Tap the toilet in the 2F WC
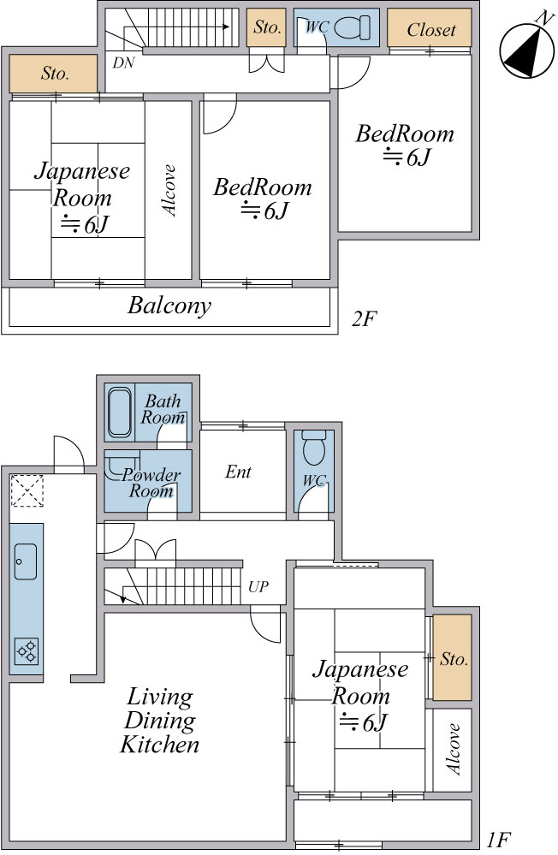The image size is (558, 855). click(x=352, y=27)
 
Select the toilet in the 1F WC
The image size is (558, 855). click(x=313, y=448)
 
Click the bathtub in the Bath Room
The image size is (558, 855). click(x=120, y=413)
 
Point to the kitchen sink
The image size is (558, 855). click(x=26, y=561)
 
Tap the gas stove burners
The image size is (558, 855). click(x=27, y=651)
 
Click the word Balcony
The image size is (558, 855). click(x=169, y=306)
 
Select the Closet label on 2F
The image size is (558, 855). click(x=430, y=29)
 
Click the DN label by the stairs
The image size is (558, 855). click(x=124, y=62)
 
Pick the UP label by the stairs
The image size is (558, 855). click(x=258, y=587)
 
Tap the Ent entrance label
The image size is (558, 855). click(x=239, y=472)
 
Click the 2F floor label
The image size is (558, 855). click(x=365, y=318)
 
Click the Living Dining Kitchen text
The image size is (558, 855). click(x=160, y=721)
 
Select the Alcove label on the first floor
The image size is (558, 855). click(x=454, y=749)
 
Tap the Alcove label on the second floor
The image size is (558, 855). click(x=169, y=190)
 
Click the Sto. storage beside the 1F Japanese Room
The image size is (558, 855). click(x=452, y=657)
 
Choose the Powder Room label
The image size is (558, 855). click(x=151, y=483)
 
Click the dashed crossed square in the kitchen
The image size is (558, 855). click(x=27, y=490)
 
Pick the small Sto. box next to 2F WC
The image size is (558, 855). click(x=266, y=27)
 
